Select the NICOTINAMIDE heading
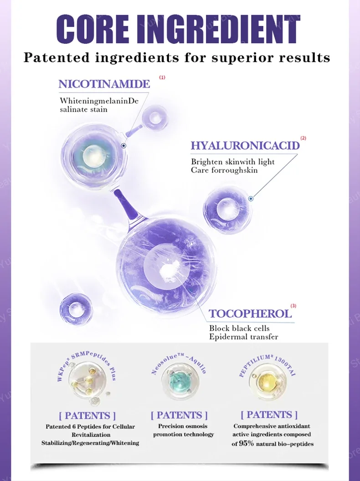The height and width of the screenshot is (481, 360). [104, 84]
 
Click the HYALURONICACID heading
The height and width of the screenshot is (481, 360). [245, 145]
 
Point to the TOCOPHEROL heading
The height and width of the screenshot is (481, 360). [250, 313]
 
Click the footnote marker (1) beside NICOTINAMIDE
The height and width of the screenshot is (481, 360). [162, 77]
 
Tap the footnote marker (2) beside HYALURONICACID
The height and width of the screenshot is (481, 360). [303, 138]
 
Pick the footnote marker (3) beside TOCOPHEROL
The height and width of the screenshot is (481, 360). [293, 306]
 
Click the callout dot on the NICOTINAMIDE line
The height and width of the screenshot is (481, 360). [123, 146]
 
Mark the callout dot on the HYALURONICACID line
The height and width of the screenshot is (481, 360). [251, 199]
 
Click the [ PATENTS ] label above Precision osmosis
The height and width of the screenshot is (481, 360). [179, 415]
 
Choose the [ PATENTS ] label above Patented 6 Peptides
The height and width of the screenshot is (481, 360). [87, 415]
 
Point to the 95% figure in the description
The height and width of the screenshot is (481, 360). [248, 443]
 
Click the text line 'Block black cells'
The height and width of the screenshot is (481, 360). [239, 328]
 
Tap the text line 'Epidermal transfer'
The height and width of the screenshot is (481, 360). [243, 337]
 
